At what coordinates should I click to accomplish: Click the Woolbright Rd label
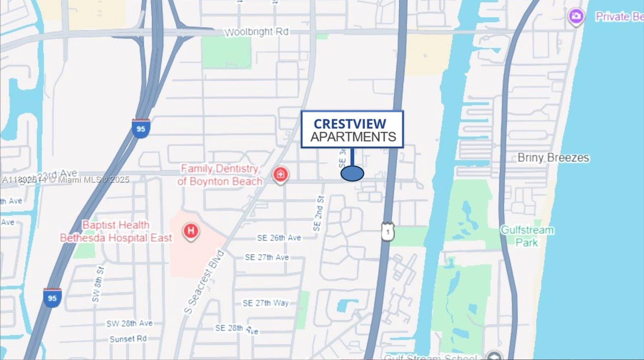click(x=256, y=32)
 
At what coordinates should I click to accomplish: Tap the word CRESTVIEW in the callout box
click(x=349, y=123)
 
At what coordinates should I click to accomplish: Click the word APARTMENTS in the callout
click(x=353, y=137)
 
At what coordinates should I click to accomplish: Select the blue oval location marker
click(x=352, y=173)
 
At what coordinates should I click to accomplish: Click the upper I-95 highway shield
click(x=141, y=129)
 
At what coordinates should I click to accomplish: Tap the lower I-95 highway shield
click(x=52, y=298)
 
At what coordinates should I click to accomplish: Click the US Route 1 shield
click(x=388, y=232)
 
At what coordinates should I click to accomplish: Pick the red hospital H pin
click(x=191, y=231)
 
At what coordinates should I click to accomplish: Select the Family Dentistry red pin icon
click(x=281, y=175)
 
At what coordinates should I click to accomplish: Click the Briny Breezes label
click(x=553, y=158)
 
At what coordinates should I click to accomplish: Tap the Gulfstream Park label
click(x=527, y=236)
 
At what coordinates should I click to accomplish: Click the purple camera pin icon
click(x=576, y=16)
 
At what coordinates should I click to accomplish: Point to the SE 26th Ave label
click(x=279, y=238)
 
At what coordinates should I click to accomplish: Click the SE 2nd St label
click(x=318, y=214)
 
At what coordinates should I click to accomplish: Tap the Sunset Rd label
click(x=128, y=339)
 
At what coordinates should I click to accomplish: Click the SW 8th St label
click(x=98, y=284)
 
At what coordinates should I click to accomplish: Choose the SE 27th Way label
click(x=266, y=303)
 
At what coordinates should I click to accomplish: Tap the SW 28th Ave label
click(x=129, y=323)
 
